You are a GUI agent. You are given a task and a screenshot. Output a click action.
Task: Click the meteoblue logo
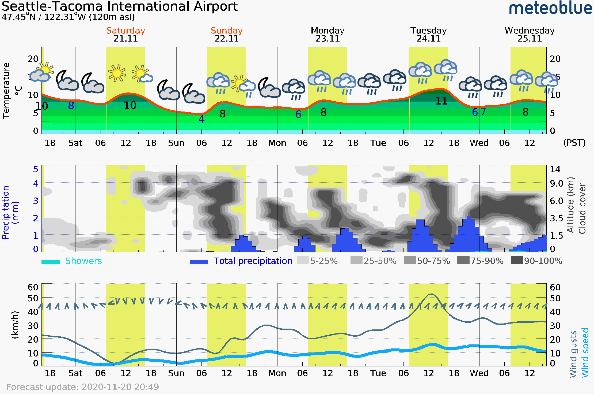tap(550, 8)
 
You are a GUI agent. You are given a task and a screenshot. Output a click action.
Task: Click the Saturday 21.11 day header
tap(125, 35)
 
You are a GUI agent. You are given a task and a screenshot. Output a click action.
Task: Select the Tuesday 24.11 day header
tap(428, 35)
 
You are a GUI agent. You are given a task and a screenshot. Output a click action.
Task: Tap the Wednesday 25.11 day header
tap(530, 35)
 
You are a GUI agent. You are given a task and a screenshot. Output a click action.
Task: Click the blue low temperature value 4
tap(201, 119)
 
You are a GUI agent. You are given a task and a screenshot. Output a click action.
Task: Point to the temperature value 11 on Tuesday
tap(441, 101)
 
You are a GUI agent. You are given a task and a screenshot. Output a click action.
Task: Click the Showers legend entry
tap(72, 261)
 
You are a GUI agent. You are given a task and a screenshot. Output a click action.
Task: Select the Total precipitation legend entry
tap(241, 261)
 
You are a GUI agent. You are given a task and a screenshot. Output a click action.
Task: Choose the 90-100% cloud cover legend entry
tap(536, 261)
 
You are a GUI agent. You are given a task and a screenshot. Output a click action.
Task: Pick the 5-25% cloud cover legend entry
tap(317, 261)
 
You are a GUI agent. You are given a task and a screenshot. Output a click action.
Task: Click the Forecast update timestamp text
tap(82, 387)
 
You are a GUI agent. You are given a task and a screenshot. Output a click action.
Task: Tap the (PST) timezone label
tap(574, 143)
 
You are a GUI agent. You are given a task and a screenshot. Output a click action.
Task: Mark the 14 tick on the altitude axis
tap(555, 169)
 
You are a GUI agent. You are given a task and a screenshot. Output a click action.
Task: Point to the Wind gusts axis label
tap(573, 354)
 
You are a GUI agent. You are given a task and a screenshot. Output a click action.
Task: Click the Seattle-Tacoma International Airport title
tap(120, 6)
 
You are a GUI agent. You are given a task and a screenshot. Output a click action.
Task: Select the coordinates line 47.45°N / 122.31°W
tap(68, 17)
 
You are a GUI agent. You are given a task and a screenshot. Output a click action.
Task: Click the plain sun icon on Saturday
tap(117, 73)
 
